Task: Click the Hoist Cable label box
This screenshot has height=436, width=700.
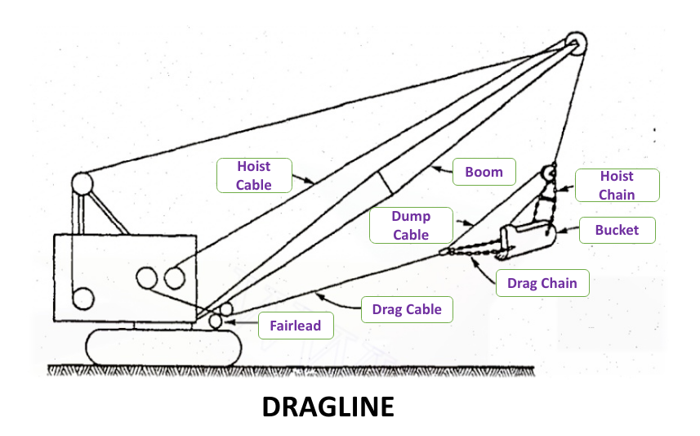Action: pos(253,175)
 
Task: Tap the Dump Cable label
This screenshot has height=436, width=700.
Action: pos(410,224)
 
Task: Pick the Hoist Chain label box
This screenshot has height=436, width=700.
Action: pos(617,186)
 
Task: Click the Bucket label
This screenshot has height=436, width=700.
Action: pos(617,231)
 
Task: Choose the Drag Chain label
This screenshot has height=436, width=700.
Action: pos(542,284)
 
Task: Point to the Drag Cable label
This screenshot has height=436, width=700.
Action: pos(406,309)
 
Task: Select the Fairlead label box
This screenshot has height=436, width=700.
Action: pos(295,326)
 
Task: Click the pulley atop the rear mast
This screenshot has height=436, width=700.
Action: pos(82,183)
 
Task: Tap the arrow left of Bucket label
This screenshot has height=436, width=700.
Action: pos(568,231)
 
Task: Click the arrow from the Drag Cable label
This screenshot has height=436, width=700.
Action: pos(340,303)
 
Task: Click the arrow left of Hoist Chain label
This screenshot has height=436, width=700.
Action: pos(564,187)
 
